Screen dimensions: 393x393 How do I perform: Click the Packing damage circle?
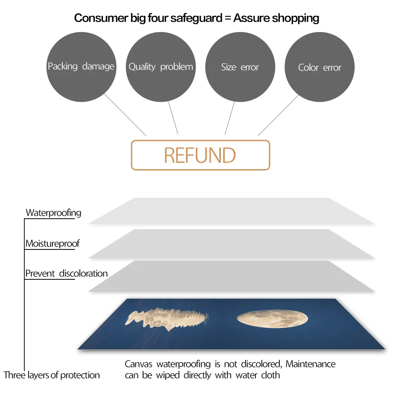pos(81,67)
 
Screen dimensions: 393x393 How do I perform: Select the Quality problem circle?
pos(161,67)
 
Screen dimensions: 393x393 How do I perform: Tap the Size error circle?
pos(240,67)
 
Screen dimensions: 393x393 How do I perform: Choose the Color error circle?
pos(320,67)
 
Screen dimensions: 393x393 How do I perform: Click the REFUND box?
pos(200,155)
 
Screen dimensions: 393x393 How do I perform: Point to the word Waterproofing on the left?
pos(53,213)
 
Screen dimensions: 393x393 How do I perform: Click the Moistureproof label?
pos(52,244)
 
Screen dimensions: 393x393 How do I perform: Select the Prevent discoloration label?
pos(66,273)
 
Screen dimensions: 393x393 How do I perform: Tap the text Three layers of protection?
pos(52,375)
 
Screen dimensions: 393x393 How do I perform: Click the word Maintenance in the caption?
pos(311,364)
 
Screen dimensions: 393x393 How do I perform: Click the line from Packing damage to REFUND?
pos(125,114)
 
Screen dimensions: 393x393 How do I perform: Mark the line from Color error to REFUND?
pos(279,114)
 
